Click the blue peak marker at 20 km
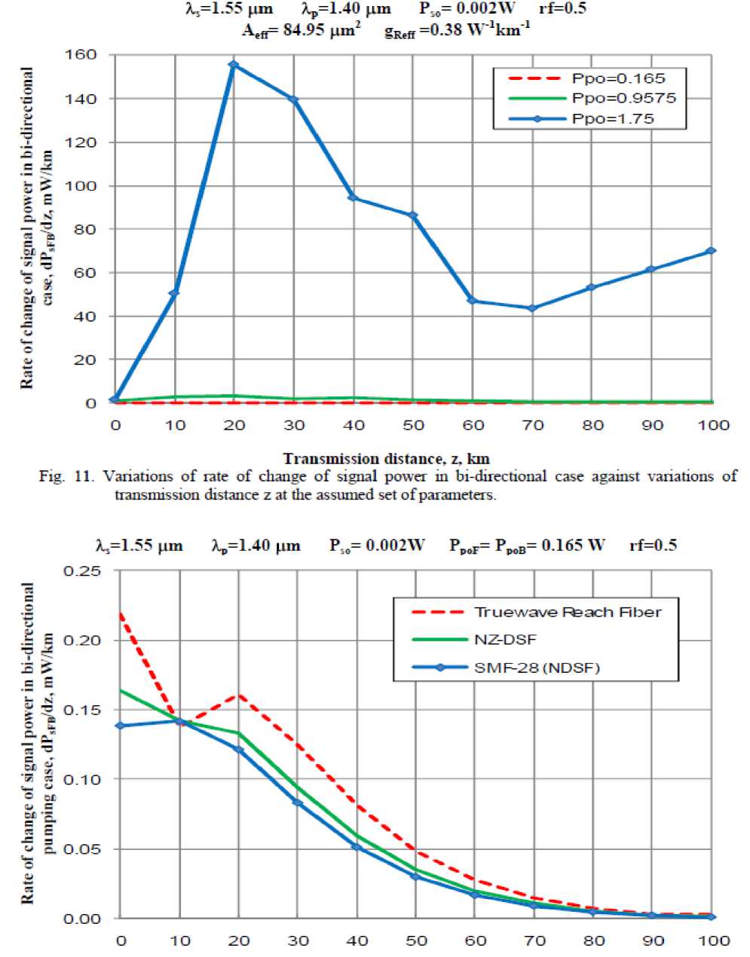(x=234, y=65)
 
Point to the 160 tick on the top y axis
(x=81, y=55)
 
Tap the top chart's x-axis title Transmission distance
(x=387, y=458)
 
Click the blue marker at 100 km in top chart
(x=711, y=251)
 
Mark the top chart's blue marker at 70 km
(x=532, y=308)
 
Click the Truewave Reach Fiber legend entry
(x=567, y=611)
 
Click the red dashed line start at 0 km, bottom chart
(x=121, y=613)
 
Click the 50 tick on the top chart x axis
(x=413, y=425)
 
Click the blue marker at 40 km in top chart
(x=353, y=198)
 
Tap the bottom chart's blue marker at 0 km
(x=121, y=726)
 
